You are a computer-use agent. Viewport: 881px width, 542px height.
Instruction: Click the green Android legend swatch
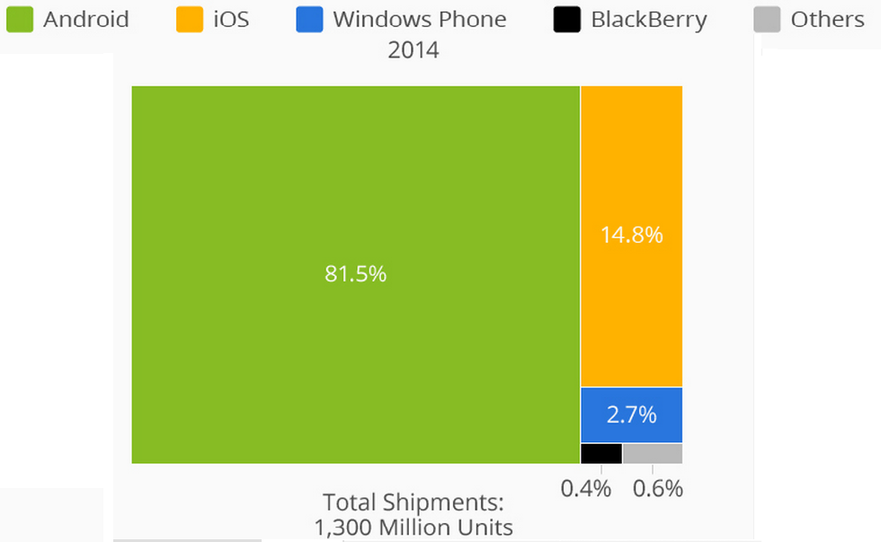tap(19, 19)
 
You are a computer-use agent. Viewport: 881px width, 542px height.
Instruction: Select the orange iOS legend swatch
tap(190, 19)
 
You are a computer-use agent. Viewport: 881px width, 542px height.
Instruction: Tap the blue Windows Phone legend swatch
tap(309, 19)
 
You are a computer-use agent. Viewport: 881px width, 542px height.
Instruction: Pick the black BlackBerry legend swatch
tap(567, 19)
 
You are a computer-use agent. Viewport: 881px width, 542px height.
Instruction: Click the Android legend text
tap(85, 19)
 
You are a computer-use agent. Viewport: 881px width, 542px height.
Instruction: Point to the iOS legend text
tap(231, 19)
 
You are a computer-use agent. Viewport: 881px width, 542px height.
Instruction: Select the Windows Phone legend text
tap(419, 19)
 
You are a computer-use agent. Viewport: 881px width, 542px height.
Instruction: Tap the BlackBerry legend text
tap(648, 19)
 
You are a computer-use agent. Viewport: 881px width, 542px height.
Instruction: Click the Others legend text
tap(827, 19)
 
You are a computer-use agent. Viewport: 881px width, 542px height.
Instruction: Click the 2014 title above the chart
tap(414, 50)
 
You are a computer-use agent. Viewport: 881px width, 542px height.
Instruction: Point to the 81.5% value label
tap(356, 274)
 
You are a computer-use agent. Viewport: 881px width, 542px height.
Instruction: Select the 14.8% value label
tap(631, 235)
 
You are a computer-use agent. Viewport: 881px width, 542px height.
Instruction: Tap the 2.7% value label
tap(631, 415)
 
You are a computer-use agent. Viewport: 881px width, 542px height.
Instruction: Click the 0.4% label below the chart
tap(586, 489)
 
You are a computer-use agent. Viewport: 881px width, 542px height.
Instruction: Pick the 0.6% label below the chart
tap(658, 489)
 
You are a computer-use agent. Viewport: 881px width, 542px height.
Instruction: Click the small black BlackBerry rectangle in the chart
tap(601, 454)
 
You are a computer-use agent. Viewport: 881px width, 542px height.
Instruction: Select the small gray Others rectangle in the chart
tap(653, 454)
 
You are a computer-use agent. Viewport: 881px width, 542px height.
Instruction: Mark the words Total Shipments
tap(414, 502)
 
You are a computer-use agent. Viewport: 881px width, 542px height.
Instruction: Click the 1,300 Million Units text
tap(414, 528)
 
